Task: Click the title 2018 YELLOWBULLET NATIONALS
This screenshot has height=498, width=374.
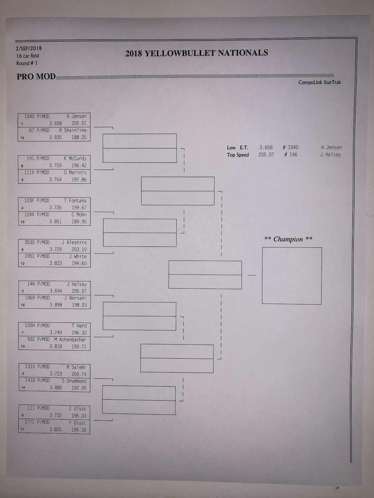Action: coord(197,53)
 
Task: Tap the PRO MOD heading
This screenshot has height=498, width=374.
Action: coord(36,77)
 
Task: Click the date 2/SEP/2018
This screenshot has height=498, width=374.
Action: coord(29,49)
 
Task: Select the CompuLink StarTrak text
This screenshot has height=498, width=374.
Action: coord(319,82)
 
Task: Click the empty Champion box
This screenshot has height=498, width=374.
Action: coord(292,276)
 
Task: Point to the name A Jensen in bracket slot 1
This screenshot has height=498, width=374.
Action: coord(76,116)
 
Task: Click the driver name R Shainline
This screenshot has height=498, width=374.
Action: coord(73,130)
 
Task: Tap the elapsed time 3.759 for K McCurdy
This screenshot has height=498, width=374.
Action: coord(55,166)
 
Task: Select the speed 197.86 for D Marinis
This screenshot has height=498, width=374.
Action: coord(79,180)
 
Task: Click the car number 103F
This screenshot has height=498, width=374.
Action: coord(30,200)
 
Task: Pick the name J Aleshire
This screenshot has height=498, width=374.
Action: coord(74,242)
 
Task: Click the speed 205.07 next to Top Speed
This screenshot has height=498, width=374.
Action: coord(266,155)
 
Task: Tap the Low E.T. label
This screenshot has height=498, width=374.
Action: coord(237,148)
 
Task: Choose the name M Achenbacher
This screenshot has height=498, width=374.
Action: coord(70,340)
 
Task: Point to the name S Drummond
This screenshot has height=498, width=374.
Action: coord(74,381)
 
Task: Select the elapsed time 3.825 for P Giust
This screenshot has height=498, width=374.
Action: coord(55,430)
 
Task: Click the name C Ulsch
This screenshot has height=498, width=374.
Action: coord(78,409)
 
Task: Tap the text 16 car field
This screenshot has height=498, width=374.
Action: coord(28,56)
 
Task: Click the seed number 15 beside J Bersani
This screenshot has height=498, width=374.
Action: coord(23,305)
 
